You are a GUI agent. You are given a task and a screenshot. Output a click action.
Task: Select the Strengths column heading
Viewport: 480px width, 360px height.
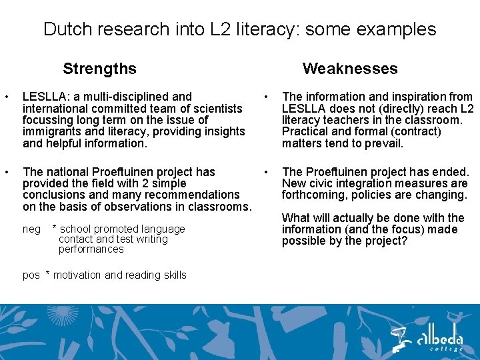(x=99, y=69)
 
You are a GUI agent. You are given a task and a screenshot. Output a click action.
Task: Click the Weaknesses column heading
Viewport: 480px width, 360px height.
(x=349, y=69)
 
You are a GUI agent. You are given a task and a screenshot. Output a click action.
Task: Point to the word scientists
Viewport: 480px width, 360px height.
(x=219, y=108)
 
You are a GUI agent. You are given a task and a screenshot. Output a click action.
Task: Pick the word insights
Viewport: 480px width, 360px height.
(x=225, y=131)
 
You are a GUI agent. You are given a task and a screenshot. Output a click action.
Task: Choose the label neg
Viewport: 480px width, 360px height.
(x=31, y=229)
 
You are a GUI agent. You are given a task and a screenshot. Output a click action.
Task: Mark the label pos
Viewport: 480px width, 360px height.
(x=31, y=275)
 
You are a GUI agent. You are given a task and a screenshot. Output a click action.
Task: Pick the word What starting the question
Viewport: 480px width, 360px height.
(x=296, y=218)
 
